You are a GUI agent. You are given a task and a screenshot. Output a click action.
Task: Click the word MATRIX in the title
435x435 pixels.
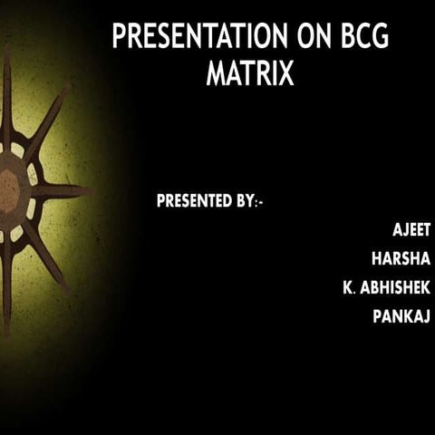[x=250, y=73]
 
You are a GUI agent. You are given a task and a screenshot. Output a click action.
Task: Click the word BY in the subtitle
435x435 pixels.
[x=246, y=201]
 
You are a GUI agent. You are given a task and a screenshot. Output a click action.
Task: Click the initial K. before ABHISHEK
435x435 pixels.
[x=347, y=288]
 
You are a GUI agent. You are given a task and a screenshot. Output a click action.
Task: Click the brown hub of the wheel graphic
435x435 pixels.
[x=8, y=190]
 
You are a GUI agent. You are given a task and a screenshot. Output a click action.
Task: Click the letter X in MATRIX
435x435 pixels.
[x=286, y=73]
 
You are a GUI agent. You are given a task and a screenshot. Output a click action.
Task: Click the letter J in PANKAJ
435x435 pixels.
[x=426, y=317]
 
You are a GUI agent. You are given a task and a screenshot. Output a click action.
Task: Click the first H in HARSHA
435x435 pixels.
[x=377, y=259]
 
